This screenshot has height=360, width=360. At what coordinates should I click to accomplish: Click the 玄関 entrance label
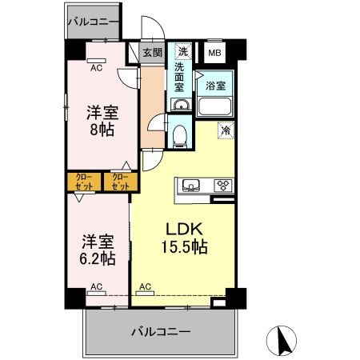(152, 53)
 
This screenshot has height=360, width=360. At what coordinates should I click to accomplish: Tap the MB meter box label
(214, 54)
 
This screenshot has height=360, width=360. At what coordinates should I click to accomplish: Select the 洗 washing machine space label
(182, 52)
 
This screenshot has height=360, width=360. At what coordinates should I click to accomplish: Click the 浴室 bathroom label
(214, 85)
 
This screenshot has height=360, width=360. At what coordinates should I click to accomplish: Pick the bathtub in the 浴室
(214, 107)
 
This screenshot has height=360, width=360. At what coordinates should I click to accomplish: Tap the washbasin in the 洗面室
(180, 106)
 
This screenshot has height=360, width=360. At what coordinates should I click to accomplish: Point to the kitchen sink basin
(191, 186)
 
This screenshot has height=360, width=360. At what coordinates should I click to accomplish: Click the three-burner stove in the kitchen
(222, 186)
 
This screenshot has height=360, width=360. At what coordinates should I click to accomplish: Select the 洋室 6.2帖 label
(97, 249)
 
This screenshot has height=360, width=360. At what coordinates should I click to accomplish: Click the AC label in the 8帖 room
(96, 68)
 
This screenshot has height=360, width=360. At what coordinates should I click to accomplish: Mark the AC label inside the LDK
(146, 286)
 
